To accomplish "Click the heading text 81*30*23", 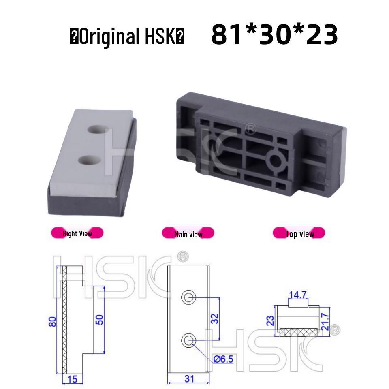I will [274, 35].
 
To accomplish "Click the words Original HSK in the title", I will [127, 37].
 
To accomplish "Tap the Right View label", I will [77, 233].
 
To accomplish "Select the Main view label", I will [188, 234].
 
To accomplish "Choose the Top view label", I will [299, 233].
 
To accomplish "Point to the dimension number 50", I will [100, 319].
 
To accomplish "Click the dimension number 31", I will [189, 379].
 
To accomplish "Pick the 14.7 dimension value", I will [298, 295].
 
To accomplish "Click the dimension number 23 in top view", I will [271, 321].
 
